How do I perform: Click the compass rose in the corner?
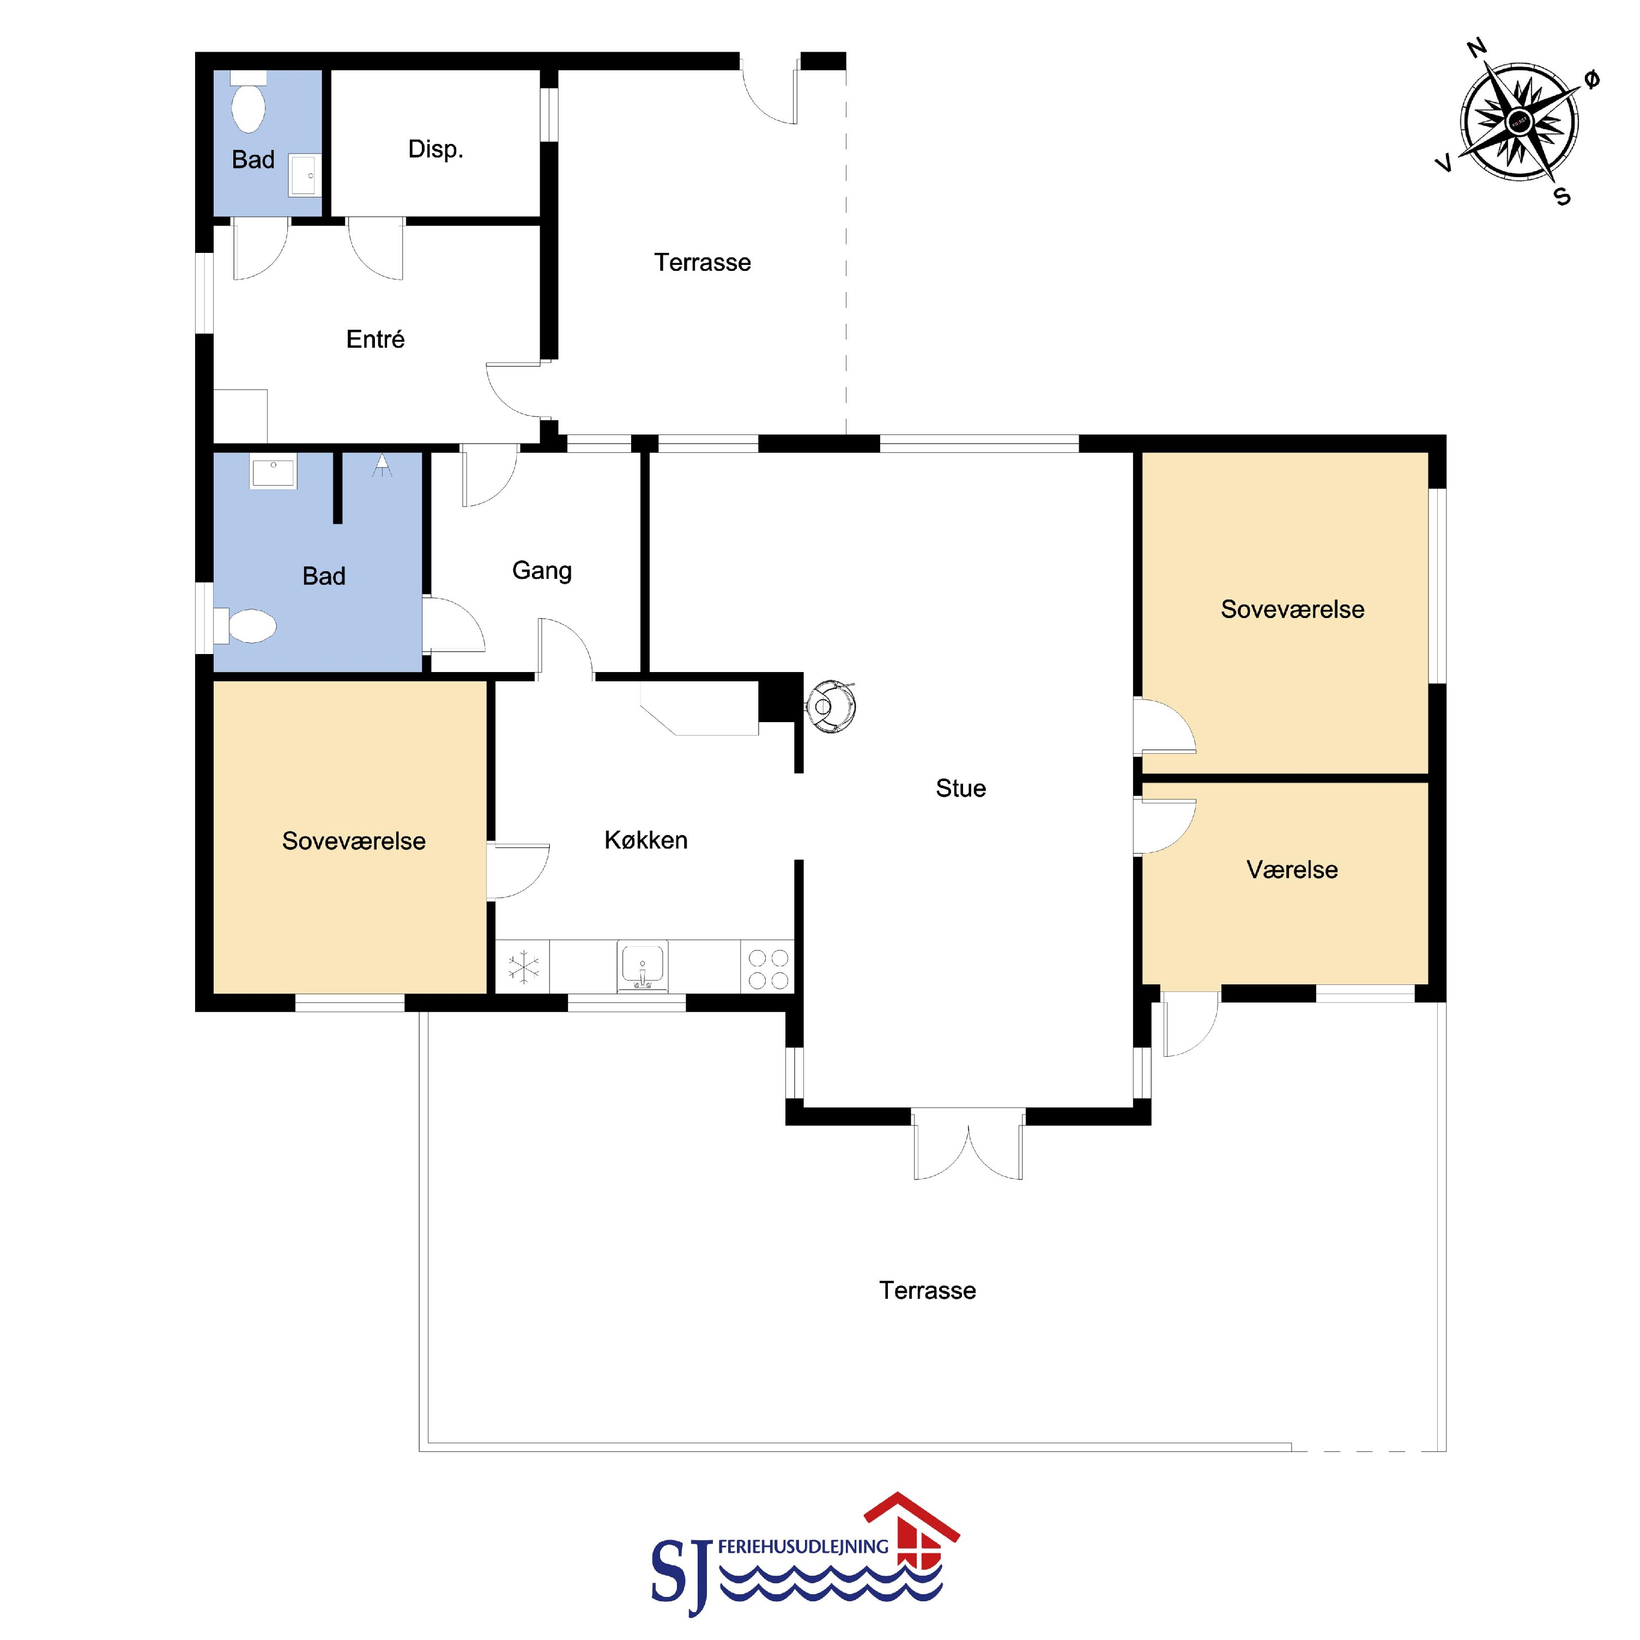(1520, 122)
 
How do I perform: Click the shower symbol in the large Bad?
(383, 465)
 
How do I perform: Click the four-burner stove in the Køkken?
(768, 967)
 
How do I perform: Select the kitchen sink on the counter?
(643, 966)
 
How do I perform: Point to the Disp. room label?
(435, 149)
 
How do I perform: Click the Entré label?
(375, 340)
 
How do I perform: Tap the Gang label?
(542, 571)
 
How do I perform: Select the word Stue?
(961, 789)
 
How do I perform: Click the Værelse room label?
(1292, 870)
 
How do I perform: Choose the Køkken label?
(646, 840)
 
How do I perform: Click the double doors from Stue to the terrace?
(967, 1144)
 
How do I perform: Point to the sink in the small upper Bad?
(305, 176)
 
